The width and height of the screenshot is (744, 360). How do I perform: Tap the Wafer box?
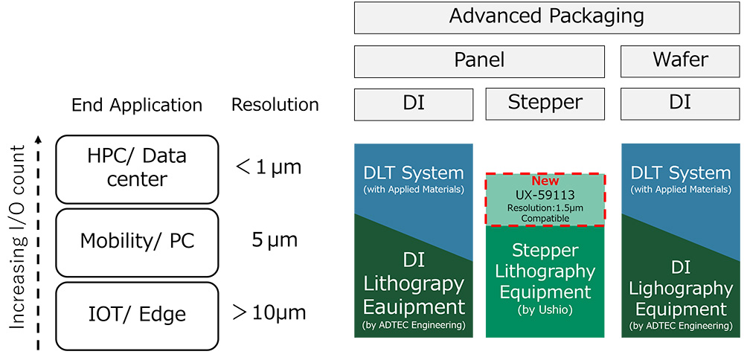[680, 61]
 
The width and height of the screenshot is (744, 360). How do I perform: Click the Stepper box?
[545, 103]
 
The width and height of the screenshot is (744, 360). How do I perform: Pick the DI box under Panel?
[413, 103]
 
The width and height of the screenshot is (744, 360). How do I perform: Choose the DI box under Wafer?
[680, 103]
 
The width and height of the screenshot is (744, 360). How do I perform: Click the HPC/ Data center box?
[136, 169]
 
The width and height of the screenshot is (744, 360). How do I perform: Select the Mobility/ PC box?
[136, 241]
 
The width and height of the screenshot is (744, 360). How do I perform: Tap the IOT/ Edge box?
[136, 313]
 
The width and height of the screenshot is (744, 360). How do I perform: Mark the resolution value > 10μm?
[269, 312]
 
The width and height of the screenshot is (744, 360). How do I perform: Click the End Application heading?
[137, 105]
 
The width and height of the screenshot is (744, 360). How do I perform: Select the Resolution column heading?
[275, 105]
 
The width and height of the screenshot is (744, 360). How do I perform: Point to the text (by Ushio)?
[545, 309]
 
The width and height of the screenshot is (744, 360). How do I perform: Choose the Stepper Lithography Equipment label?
[545, 271]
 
